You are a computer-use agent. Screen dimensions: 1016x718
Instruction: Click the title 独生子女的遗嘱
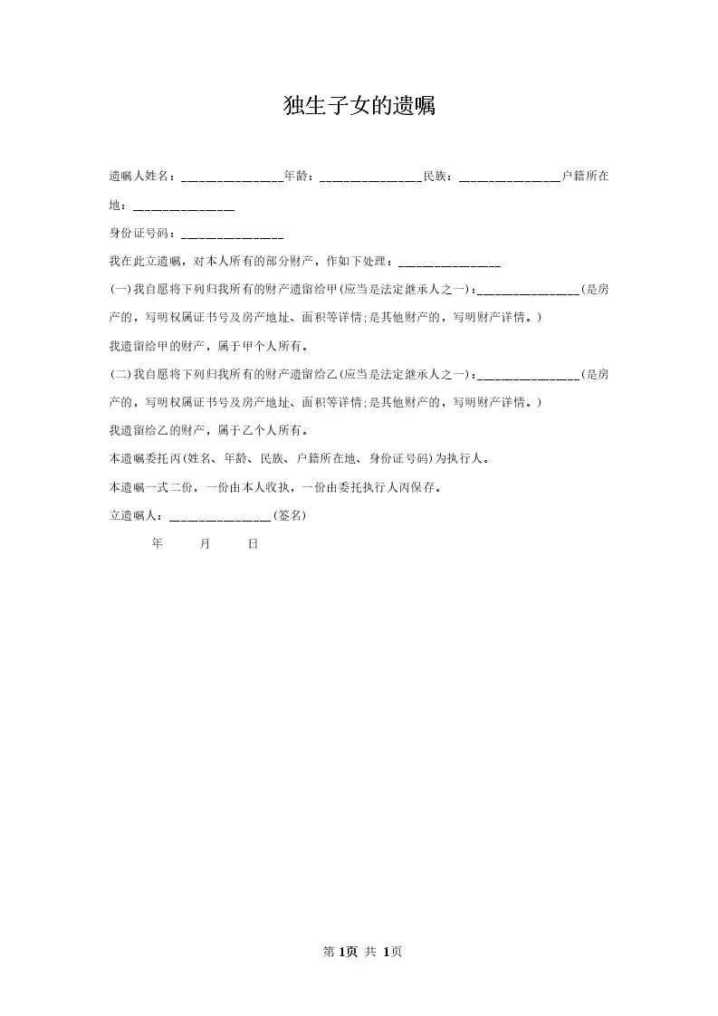pyautogui.click(x=359, y=107)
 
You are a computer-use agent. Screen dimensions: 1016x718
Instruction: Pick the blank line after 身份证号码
pyautogui.click(x=232, y=235)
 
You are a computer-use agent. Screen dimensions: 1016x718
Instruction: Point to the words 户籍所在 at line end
pyautogui.click(x=585, y=177)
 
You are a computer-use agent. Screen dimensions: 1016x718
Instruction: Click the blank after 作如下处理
pyautogui.click(x=449, y=264)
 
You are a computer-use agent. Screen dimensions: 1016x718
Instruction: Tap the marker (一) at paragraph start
pyautogui.click(x=120, y=290)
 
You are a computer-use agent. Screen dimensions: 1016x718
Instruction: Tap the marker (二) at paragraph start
pyautogui.click(x=120, y=374)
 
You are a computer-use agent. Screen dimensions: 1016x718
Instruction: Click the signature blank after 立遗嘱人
pyautogui.click(x=220, y=517)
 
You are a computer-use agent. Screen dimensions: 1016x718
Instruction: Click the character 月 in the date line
pyautogui.click(x=205, y=544)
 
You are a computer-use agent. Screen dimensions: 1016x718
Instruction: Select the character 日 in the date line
pyautogui.click(x=253, y=544)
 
